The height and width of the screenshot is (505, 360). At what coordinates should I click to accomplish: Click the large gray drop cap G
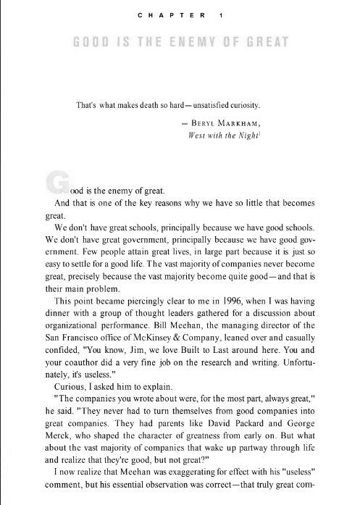[55, 183]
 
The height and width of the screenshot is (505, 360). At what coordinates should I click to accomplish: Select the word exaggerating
[191, 488]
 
